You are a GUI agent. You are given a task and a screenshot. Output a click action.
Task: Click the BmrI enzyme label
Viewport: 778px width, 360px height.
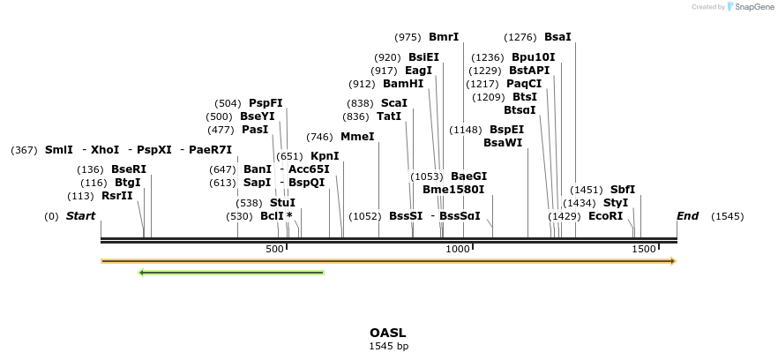click(444, 37)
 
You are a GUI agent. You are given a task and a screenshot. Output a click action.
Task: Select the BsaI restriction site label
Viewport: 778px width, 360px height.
click(557, 37)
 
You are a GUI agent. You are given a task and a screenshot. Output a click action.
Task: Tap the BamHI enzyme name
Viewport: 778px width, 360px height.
click(403, 84)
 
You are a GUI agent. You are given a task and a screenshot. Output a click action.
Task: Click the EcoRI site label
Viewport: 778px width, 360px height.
click(605, 216)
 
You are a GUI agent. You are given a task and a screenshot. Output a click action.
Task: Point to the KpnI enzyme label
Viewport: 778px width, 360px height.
click(325, 156)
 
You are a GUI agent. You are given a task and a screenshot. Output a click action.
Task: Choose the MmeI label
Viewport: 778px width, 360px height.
click(357, 137)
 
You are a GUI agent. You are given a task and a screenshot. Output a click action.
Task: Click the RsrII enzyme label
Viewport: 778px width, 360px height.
click(117, 196)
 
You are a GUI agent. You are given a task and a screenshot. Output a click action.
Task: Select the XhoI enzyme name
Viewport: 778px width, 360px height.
click(105, 150)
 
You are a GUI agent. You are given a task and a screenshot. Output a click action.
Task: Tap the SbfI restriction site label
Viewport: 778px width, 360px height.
click(623, 190)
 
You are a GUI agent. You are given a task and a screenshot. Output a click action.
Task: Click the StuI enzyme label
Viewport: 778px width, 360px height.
click(283, 203)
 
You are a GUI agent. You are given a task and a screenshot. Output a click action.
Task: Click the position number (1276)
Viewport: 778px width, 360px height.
click(520, 37)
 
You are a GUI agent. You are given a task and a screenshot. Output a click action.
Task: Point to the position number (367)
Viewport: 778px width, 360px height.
click(25, 150)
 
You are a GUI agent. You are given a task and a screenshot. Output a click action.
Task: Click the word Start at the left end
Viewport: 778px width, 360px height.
click(80, 216)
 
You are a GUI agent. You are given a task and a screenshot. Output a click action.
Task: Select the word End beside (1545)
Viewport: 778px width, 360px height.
click(687, 216)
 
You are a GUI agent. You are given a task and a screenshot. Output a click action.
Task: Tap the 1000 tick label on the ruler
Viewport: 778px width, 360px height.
click(458, 251)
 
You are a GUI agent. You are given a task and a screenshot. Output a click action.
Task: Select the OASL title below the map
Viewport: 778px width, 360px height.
click(388, 333)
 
